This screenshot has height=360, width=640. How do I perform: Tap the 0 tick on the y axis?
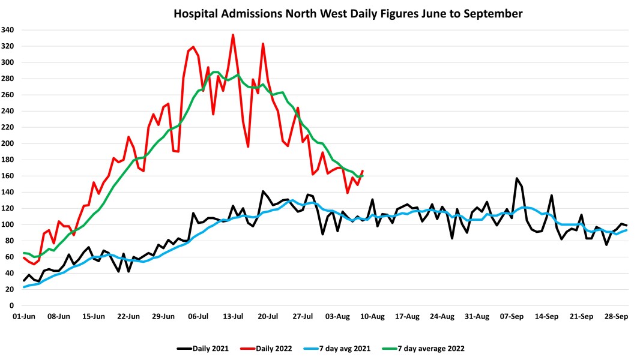pyautogui.click(x=12, y=305)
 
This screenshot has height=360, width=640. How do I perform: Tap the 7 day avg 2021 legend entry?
pyautogui.click(x=355, y=348)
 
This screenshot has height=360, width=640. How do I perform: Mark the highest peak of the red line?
pyautogui.click(x=233, y=35)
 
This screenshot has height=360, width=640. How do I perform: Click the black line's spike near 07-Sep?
pyautogui.click(x=516, y=178)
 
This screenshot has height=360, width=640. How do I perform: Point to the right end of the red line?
pyautogui.click(x=363, y=171)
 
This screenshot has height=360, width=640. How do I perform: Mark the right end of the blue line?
pyautogui.click(x=627, y=230)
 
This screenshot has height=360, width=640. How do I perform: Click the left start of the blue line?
pyautogui.click(x=24, y=287)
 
